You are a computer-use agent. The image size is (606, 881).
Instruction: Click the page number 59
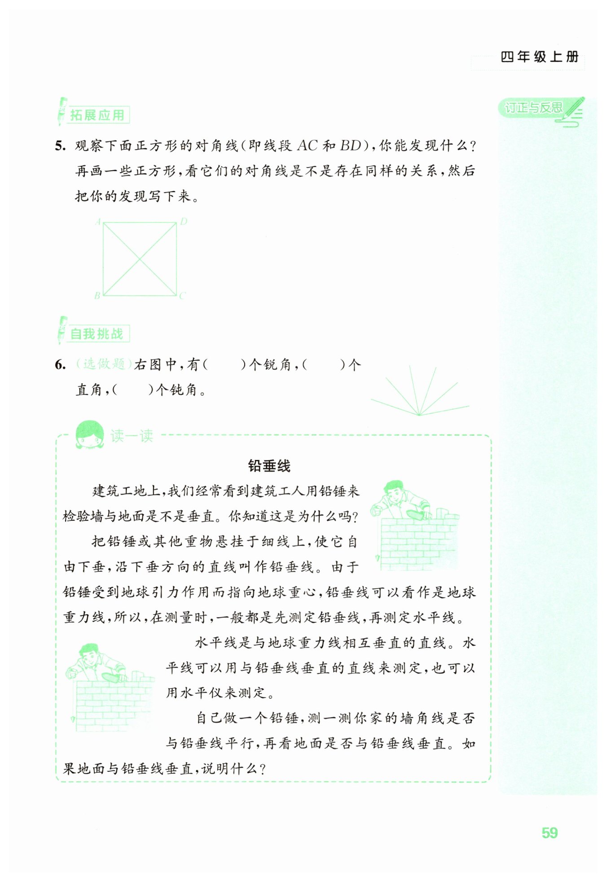[549, 832]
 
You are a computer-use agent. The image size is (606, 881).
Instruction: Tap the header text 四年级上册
[539, 57]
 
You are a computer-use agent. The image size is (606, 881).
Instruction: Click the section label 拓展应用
[97, 115]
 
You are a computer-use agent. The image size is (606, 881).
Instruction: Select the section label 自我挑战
[97, 334]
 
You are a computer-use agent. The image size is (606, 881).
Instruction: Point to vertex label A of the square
[98, 221]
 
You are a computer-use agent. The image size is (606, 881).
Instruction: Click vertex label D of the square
[183, 221]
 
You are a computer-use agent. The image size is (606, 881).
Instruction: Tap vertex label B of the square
[97, 296]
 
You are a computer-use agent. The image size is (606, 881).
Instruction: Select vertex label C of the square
[182, 296]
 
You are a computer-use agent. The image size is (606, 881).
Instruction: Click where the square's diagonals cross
[140, 259]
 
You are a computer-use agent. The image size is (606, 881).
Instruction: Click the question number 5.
[60, 146]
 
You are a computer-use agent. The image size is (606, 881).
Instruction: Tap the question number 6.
[60, 365]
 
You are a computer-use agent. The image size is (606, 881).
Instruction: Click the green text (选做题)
[104, 364]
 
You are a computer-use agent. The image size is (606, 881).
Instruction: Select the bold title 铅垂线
[269, 466]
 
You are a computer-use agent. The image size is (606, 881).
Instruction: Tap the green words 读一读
[132, 436]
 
